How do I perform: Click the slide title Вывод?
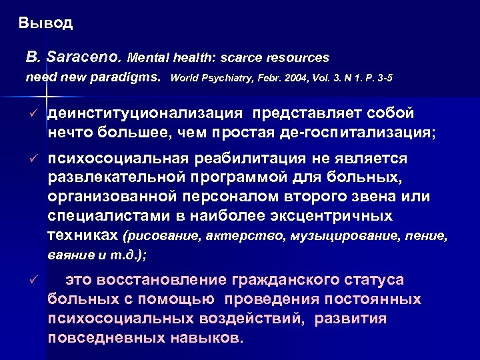coord(46,24)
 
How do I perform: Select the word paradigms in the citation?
coord(130,77)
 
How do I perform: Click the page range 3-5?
coord(381,77)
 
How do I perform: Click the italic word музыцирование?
coord(334,236)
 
